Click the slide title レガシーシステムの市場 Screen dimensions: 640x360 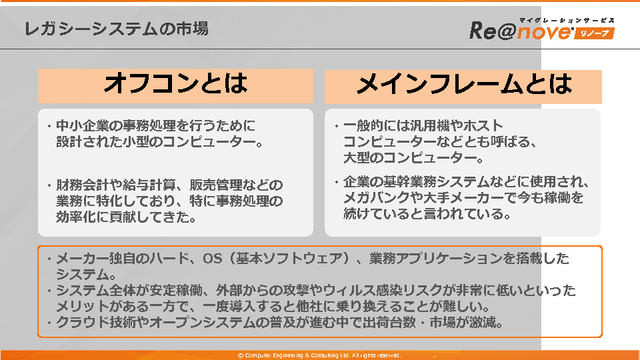pos(116,29)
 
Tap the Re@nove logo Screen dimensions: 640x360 pos(542,29)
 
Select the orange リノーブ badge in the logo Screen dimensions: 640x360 pos(594,33)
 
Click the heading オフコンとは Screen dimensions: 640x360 pos(175,84)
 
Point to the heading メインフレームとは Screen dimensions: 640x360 pos(463,85)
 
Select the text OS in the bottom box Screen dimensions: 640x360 pos(212,259)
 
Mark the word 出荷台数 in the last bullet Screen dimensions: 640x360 pos(389,323)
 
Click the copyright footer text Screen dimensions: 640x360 pos(319,355)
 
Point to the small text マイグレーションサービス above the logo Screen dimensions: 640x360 pos(567,21)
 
